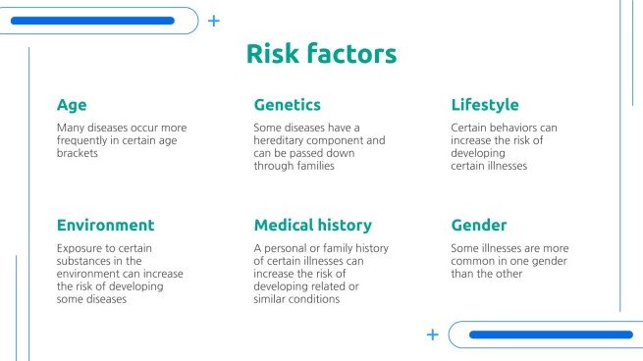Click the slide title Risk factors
click(x=321, y=54)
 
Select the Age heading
click(x=72, y=105)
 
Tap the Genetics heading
click(x=287, y=105)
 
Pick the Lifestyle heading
click(x=485, y=105)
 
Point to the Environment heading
click(x=105, y=225)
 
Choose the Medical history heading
click(x=312, y=225)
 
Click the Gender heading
click(x=479, y=225)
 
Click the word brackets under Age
click(x=78, y=154)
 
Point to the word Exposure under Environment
click(x=79, y=248)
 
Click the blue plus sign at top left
click(x=214, y=20)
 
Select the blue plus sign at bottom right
click(x=432, y=335)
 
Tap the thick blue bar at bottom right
click(x=550, y=335)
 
